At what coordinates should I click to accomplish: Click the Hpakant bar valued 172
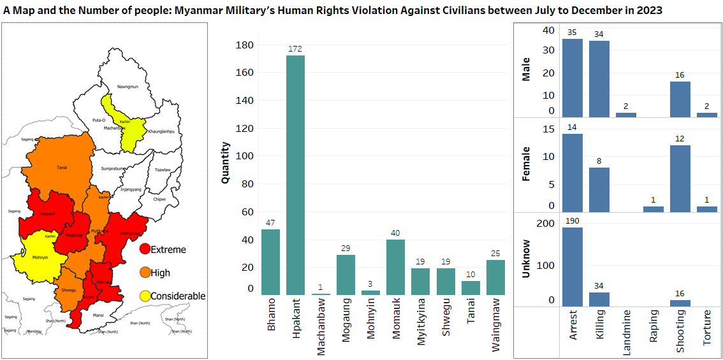click(295, 175)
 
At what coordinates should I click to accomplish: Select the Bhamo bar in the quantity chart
click(270, 261)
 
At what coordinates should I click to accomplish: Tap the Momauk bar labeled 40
click(395, 266)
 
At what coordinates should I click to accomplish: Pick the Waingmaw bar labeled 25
click(495, 277)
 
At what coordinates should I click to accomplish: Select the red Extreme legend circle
click(145, 249)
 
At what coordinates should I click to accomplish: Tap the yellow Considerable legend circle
click(145, 296)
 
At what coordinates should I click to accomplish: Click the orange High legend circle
click(145, 273)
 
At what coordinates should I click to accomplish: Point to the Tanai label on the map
click(62, 168)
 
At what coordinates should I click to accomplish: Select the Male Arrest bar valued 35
click(572, 78)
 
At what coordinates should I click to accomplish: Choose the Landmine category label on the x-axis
click(626, 332)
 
